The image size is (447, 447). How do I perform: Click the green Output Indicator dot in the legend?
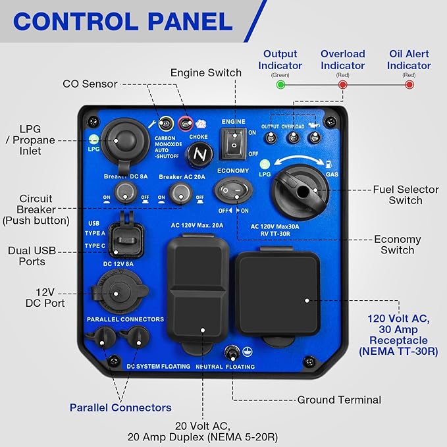coord(281,84)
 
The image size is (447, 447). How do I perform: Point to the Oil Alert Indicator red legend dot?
coord(409,84)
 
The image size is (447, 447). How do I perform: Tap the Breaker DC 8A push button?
coord(125,192)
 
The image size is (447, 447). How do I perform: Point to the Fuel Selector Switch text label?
coord(405,195)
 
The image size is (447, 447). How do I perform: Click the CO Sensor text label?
coord(90,84)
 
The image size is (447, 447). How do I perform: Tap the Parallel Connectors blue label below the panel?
coord(120,408)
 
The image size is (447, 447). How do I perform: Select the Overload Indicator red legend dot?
coord(343,84)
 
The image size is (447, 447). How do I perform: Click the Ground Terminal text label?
coord(339,400)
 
